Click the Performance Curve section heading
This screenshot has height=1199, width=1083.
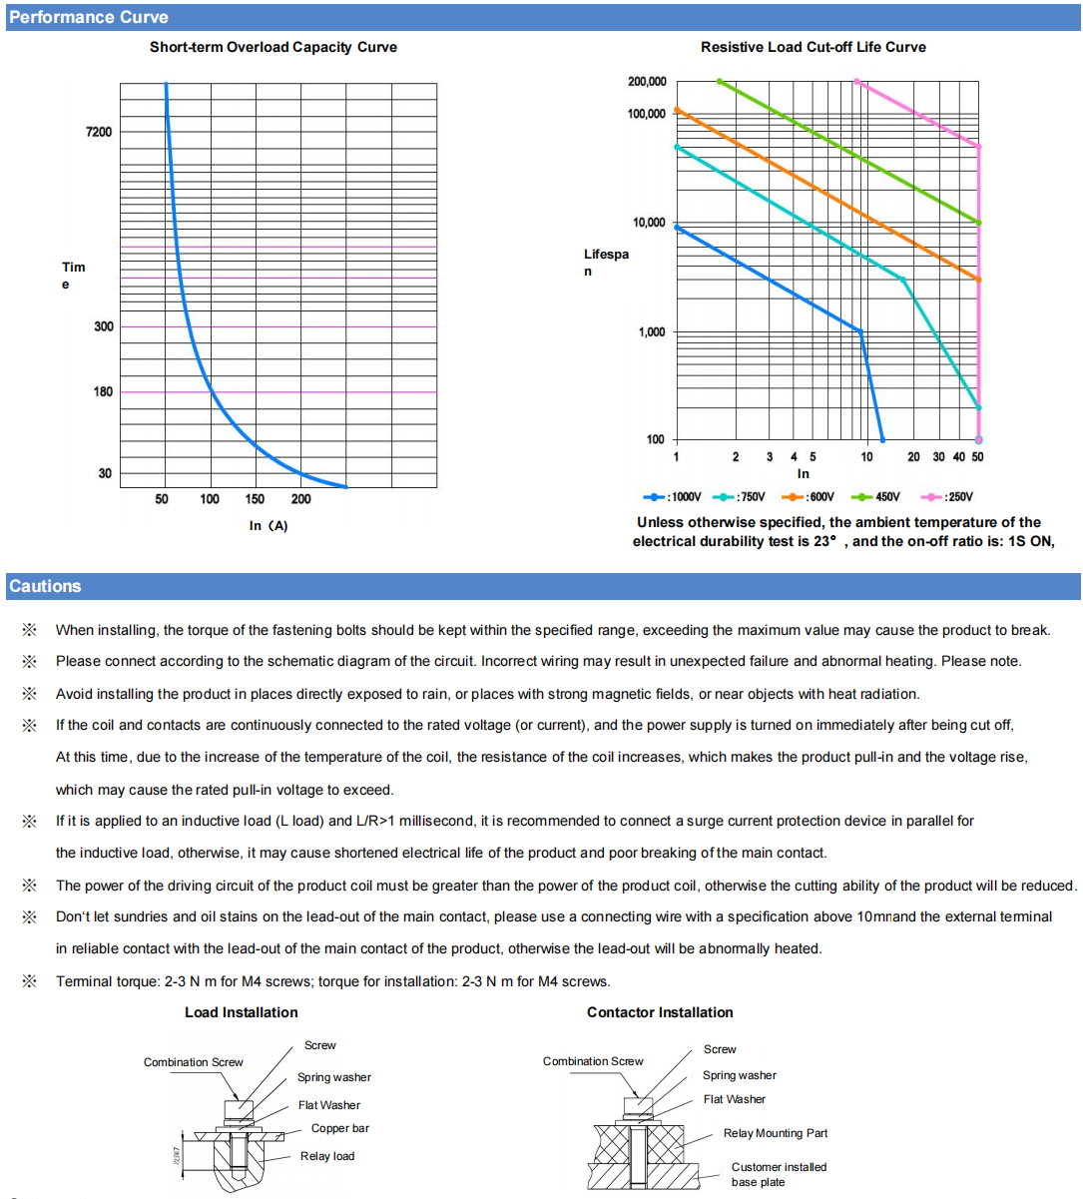[89, 17]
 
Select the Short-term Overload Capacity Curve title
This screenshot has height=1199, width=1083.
[273, 47]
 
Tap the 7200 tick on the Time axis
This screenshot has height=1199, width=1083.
[100, 132]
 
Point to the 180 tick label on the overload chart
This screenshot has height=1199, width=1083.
[104, 391]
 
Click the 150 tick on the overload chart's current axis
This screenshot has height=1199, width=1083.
[256, 499]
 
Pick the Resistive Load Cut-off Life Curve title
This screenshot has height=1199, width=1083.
[812, 47]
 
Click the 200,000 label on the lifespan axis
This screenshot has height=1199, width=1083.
[647, 82]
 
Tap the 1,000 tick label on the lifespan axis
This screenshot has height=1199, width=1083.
[652, 331]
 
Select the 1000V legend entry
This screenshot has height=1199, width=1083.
[674, 497]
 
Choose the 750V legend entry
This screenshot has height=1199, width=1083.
[742, 497]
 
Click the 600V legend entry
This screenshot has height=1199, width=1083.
[810, 497]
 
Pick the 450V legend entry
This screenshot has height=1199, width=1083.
[876, 497]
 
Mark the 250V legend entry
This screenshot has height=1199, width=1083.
[947, 497]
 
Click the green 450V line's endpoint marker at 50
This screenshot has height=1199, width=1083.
[978, 223]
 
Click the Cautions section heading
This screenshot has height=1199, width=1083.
[46, 586]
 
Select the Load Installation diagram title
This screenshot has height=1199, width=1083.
[242, 1012]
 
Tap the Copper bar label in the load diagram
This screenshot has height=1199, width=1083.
[339, 1128]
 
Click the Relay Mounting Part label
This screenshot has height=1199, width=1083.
[776, 1133]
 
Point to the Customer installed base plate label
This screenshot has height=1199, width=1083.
[779, 1174]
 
